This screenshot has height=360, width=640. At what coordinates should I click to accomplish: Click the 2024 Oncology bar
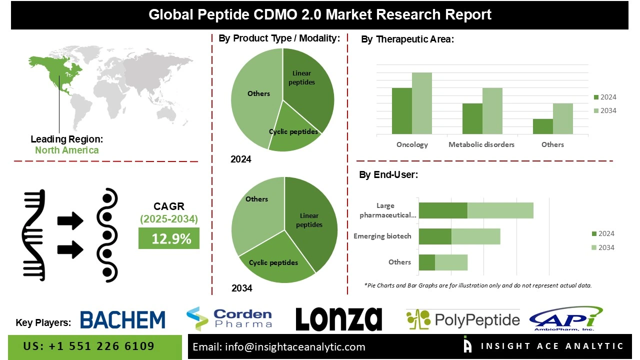tap(401, 111)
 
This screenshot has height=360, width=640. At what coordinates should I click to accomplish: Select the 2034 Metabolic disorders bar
tap(492, 111)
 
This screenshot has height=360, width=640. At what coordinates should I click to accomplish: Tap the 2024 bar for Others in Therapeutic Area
tap(542, 126)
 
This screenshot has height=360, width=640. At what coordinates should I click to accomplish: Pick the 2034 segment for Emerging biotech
tap(475, 236)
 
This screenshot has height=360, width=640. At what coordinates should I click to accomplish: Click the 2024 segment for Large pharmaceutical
tap(442, 210)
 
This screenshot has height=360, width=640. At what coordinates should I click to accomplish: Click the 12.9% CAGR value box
tap(169, 238)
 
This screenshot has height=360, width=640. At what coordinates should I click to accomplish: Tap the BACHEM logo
tap(122, 320)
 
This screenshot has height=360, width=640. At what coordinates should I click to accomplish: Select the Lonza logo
tap(338, 319)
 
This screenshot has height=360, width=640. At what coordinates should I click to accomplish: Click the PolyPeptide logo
tap(462, 319)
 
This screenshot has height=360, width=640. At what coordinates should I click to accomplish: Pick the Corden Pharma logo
tap(229, 318)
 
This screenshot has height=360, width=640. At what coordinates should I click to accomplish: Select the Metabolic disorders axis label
tap(481, 144)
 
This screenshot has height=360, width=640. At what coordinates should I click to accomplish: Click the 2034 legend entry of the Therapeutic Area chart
tap(605, 111)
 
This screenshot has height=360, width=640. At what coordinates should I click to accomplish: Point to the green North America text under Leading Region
tap(67, 150)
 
